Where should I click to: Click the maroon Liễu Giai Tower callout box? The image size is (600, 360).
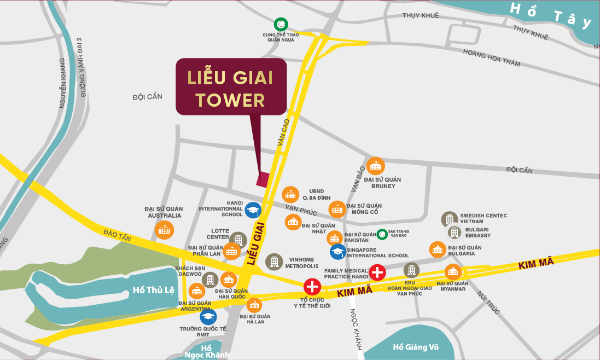click(x=231, y=86)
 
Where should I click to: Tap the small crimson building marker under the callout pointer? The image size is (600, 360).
click(x=264, y=179)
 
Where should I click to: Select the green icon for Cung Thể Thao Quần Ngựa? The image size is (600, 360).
click(x=281, y=24)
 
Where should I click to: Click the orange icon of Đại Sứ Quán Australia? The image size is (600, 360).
click(x=164, y=230)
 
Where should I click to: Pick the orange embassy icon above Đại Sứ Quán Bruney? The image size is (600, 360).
click(x=375, y=166)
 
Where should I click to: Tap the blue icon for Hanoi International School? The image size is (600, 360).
click(x=253, y=210)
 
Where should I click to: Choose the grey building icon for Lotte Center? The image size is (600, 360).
click(x=238, y=240)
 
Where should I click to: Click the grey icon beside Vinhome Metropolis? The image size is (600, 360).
click(x=274, y=262)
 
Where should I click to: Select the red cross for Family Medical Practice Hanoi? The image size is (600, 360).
click(x=377, y=272)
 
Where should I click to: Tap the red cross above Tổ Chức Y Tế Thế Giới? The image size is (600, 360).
click(x=312, y=286)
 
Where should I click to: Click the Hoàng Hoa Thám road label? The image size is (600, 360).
click(x=491, y=58)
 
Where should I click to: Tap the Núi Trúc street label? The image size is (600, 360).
click(x=488, y=302)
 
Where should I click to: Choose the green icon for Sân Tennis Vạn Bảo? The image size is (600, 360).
click(x=382, y=234)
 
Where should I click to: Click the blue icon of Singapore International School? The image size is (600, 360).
click(x=338, y=252)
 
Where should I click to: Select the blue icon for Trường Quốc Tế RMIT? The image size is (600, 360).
click(x=208, y=317)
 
